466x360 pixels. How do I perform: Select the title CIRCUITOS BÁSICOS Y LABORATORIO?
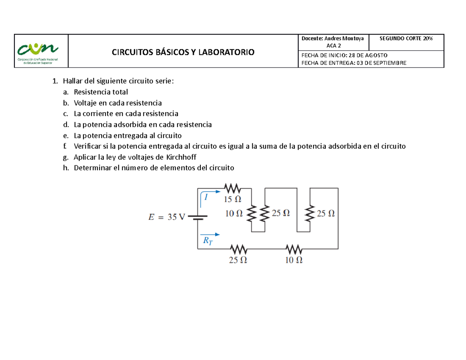(183, 52)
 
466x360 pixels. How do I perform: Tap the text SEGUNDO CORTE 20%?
(406, 38)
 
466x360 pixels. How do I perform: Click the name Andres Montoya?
(344, 38)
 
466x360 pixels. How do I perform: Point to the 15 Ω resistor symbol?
(233, 188)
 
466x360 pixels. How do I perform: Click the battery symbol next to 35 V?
(198, 217)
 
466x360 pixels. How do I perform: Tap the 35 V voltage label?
(176, 217)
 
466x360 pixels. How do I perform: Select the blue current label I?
(206, 197)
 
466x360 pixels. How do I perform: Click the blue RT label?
(208, 240)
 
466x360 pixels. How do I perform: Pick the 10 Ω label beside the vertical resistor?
(234, 213)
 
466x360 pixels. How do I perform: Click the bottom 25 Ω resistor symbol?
(239, 249)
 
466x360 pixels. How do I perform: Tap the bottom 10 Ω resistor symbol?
(294, 249)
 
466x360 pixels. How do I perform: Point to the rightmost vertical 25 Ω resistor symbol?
(310, 213)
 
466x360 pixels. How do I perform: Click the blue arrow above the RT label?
(210, 235)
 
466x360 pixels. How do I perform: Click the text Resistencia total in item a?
(101, 92)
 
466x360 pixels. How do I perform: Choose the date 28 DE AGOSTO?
(368, 55)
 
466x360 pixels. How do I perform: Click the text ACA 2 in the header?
(334, 46)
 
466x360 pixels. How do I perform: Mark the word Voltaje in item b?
(85, 103)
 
